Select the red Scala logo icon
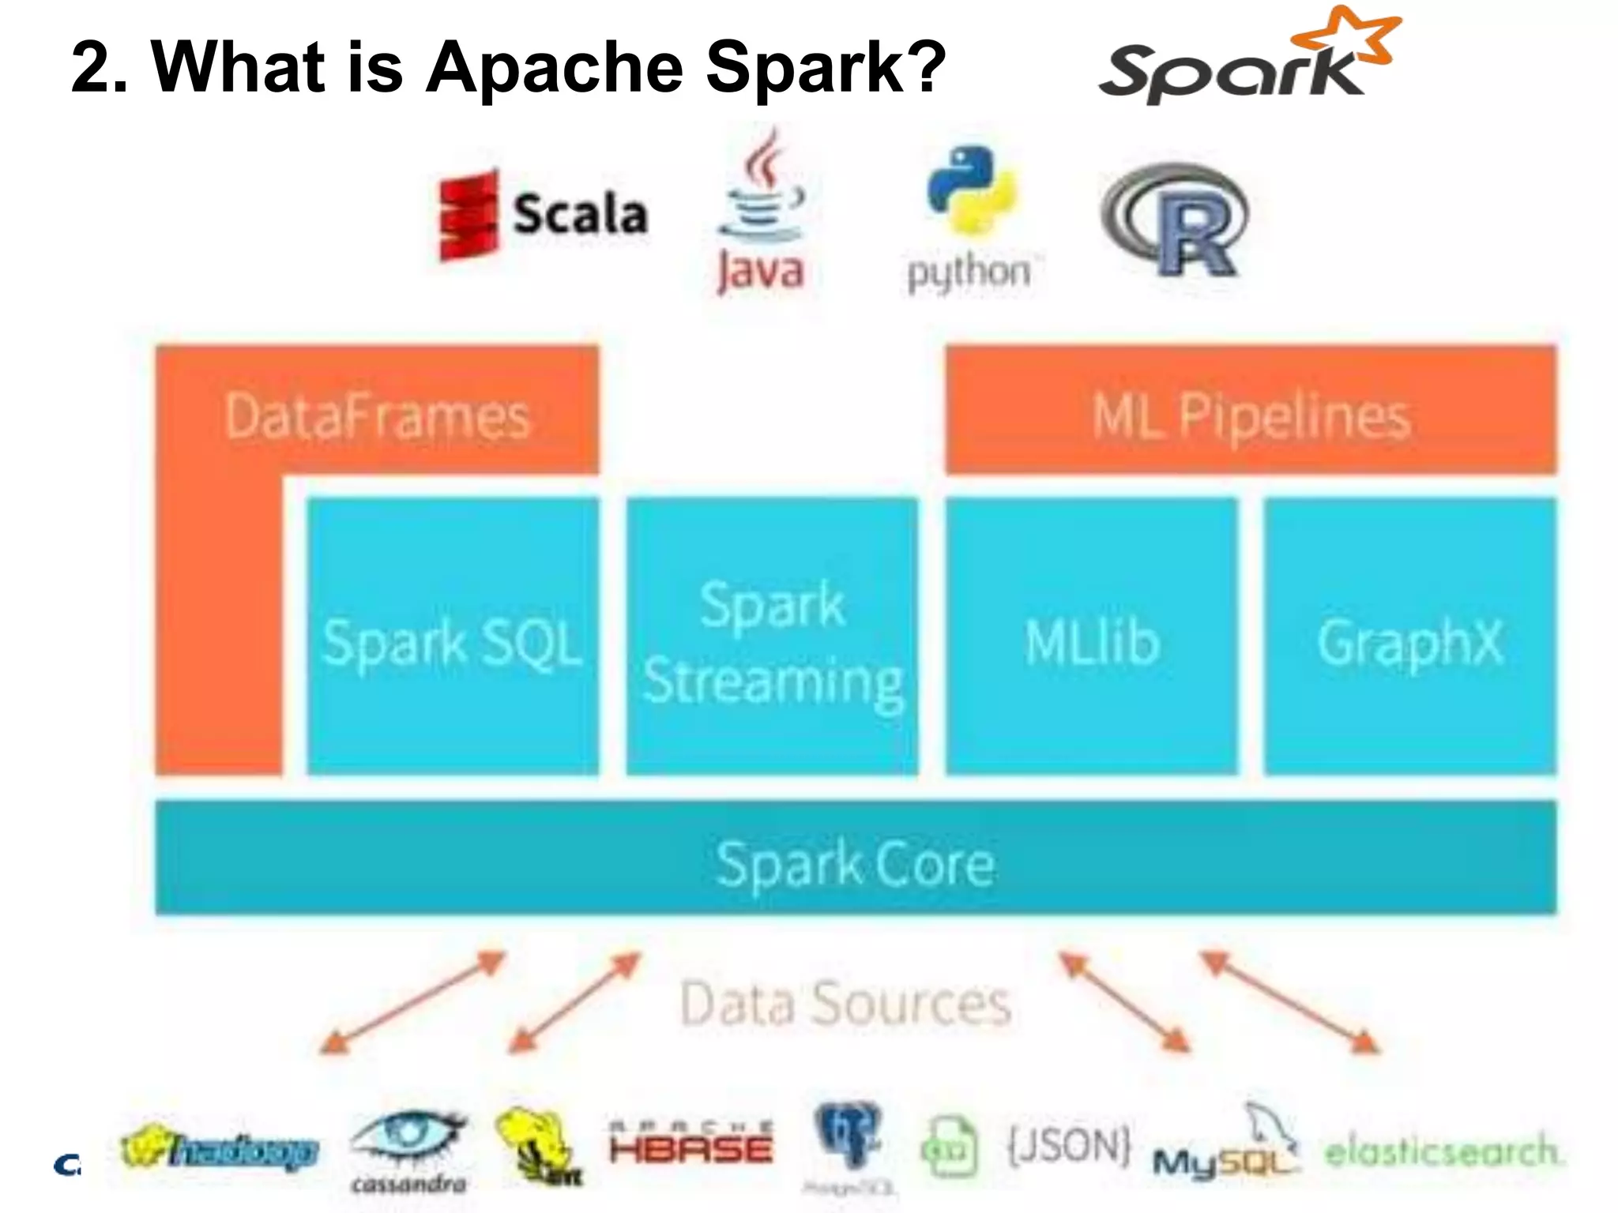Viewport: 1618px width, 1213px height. pos(468,215)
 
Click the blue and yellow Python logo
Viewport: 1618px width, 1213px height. pos(971,190)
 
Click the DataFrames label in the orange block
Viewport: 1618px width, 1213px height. pos(377,416)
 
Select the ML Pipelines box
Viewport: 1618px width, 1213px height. pos(1251,411)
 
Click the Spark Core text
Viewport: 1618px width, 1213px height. pos(855,863)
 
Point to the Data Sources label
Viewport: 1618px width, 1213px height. pos(845,1004)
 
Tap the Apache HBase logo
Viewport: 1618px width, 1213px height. pos(690,1144)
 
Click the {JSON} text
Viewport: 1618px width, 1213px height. pos(1068,1145)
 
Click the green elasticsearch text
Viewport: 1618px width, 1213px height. pos(1442,1151)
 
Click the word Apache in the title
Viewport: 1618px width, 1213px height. pos(554,67)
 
